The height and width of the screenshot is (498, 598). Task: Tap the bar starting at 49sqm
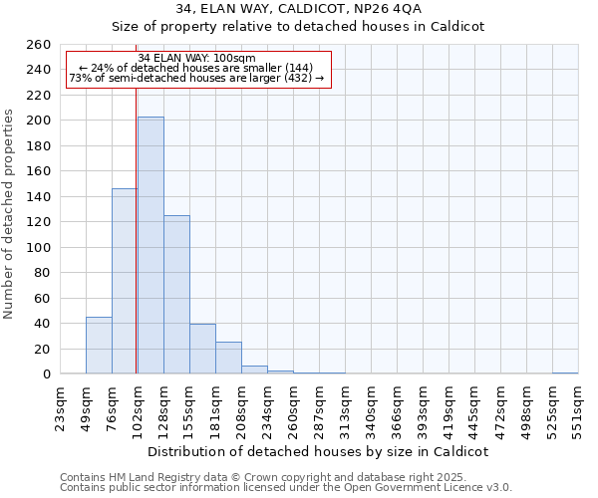[x=99, y=345]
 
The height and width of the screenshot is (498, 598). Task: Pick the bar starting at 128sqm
[x=176, y=295]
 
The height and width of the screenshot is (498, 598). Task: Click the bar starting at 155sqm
[x=202, y=349]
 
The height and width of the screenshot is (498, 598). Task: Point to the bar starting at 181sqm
[x=228, y=358]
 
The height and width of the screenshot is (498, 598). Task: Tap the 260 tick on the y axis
[x=39, y=45]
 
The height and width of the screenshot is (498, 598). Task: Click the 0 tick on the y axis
[x=46, y=374]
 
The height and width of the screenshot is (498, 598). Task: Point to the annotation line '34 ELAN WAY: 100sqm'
[x=196, y=58]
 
